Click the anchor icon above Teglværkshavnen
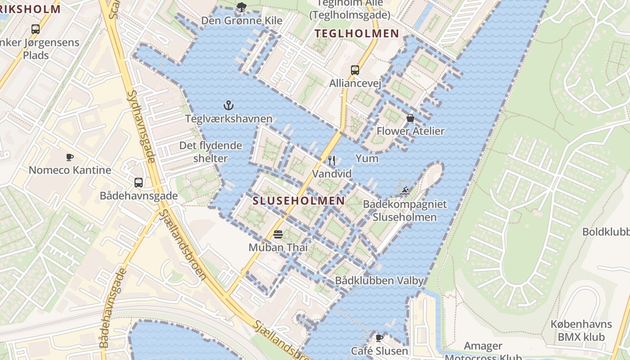[x=229, y=105]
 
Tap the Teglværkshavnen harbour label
[x=229, y=119]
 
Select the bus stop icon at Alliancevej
[x=355, y=70]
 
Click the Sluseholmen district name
[x=299, y=201]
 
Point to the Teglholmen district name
[x=357, y=33]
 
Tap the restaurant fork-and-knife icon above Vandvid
[x=332, y=161]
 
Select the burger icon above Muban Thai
[x=278, y=234]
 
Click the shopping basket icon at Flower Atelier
[x=410, y=118]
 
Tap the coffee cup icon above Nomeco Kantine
[x=70, y=157]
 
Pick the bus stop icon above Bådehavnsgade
[x=139, y=183]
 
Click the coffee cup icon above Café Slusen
[x=379, y=337]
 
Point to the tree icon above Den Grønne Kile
[x=242, y=7]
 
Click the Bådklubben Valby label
[x=379, y=281]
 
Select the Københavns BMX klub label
[x=581, y=330]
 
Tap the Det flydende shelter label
[x=211, y=152]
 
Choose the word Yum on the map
[x=367, y=158]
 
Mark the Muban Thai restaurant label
[x=278, y=247]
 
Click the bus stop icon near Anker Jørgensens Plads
[x=36, y=29]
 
